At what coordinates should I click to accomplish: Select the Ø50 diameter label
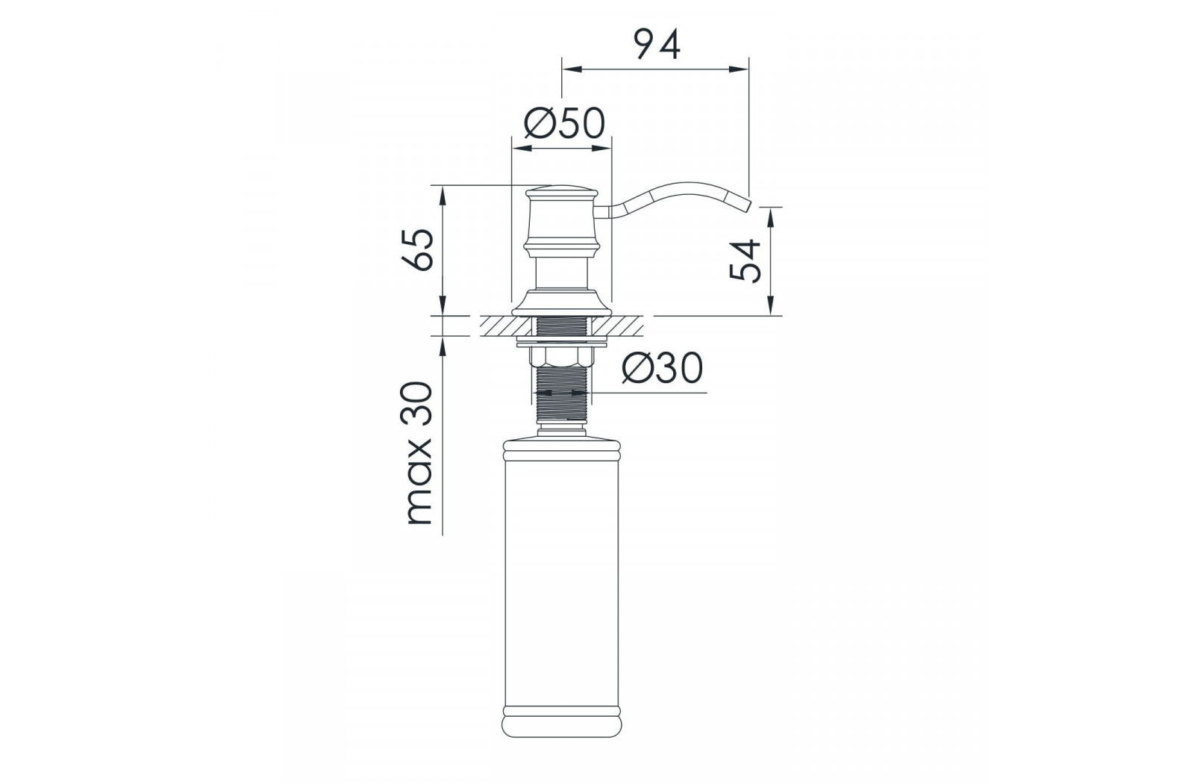pyautogui.click(x=564, y=123)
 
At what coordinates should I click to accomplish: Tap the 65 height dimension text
pyautogui.click(x=419, y=251)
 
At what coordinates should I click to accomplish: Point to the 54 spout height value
pyautogui.click(x=746, y=261)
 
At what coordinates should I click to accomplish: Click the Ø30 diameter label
pyautogui.click(x=663, y=368)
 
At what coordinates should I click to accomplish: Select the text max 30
pyautogui.click(x=419, y=453)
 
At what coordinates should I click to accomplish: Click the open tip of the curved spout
pyautogui.click(x=747, y=205)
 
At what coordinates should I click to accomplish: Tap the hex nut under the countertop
pyautogui.click(x=562, y=356)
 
